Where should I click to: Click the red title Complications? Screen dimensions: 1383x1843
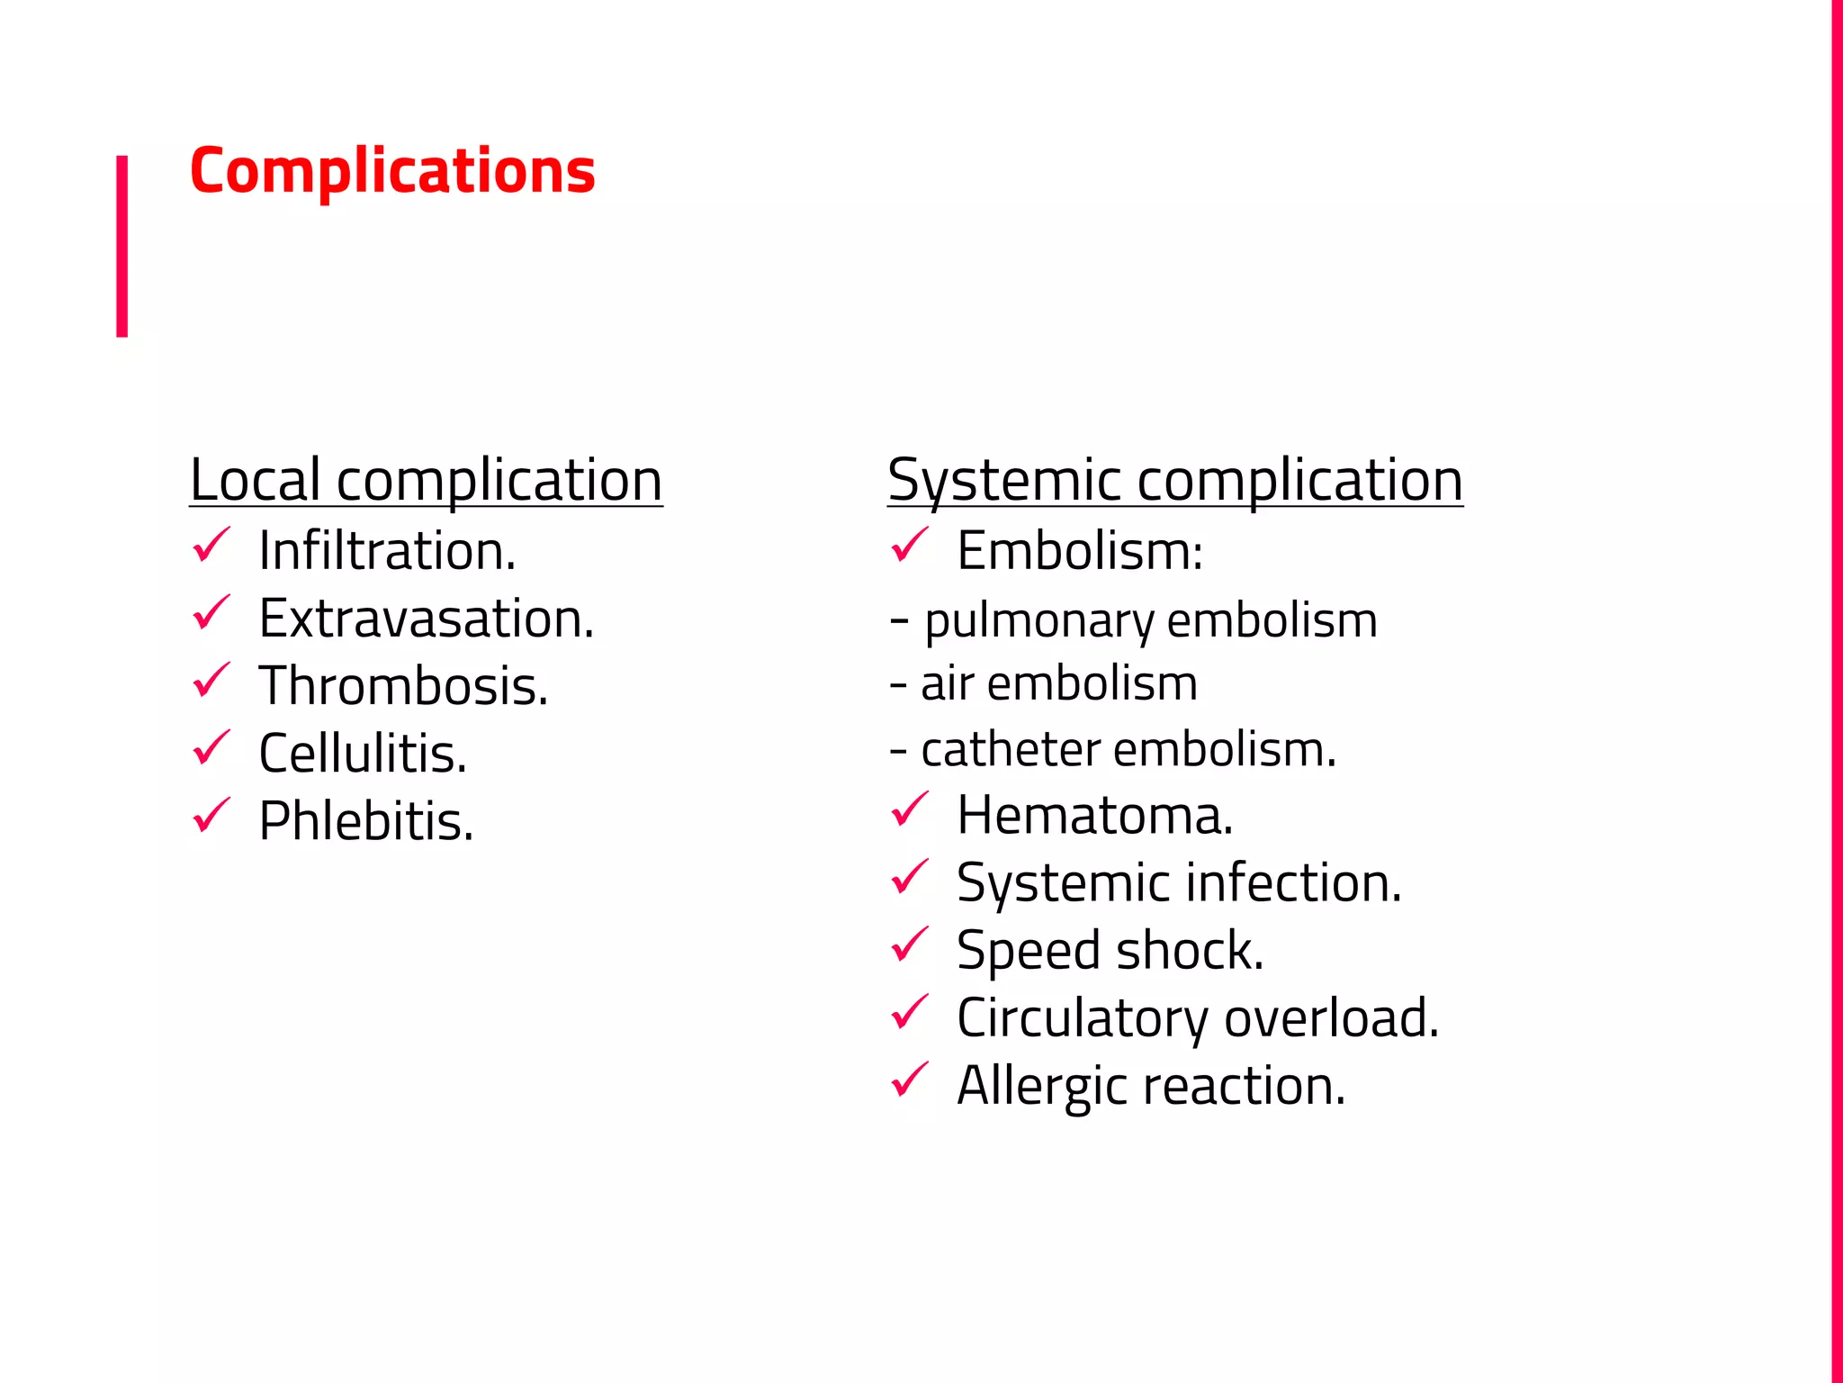392,171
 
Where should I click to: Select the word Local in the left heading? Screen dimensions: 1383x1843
255,480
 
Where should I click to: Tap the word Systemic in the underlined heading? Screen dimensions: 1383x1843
1003,480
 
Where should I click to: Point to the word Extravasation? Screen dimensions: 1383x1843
426,619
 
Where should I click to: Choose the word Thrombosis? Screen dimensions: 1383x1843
402,686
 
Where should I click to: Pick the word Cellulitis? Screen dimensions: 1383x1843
362,754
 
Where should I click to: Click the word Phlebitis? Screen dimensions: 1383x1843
365,821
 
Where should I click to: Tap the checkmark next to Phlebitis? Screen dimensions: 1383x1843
211,816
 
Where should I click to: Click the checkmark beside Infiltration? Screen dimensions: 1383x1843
211,546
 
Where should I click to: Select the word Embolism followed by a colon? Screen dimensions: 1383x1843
1079,550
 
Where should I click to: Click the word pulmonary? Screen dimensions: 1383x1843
1039,621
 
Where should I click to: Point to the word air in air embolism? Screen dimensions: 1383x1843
948,683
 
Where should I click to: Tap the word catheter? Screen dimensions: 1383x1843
1011,749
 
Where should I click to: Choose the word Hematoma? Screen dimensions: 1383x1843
1094,815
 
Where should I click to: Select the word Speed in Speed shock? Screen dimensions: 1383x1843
1029,951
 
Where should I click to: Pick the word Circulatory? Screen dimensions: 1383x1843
1082,1018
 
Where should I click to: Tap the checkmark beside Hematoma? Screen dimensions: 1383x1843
909,809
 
